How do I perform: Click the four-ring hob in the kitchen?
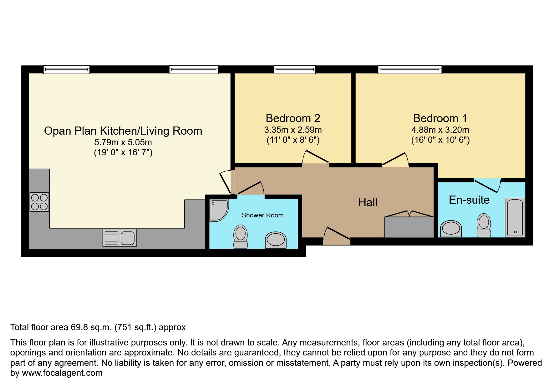[x=39, y=202]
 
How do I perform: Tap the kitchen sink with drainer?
[x=119, y=238]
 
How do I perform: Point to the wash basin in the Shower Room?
[x=276, y=240]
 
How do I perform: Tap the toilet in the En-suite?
[x=484, y=225]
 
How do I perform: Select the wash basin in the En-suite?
[x=451, y=229]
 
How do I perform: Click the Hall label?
[x=368, y=202]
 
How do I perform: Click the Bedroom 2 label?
[x=293, y=118]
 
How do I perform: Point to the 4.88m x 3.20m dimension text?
[x=440, y=130]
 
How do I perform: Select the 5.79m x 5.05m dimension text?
[x=123, y=142]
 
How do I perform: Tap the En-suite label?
[x=469, y=200]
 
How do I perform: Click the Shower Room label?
[x=262, y=215]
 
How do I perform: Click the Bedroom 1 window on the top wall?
[x=410, y=69]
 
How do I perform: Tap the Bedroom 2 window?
[x=294, y=69]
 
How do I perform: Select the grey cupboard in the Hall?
[x=409, y=227]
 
